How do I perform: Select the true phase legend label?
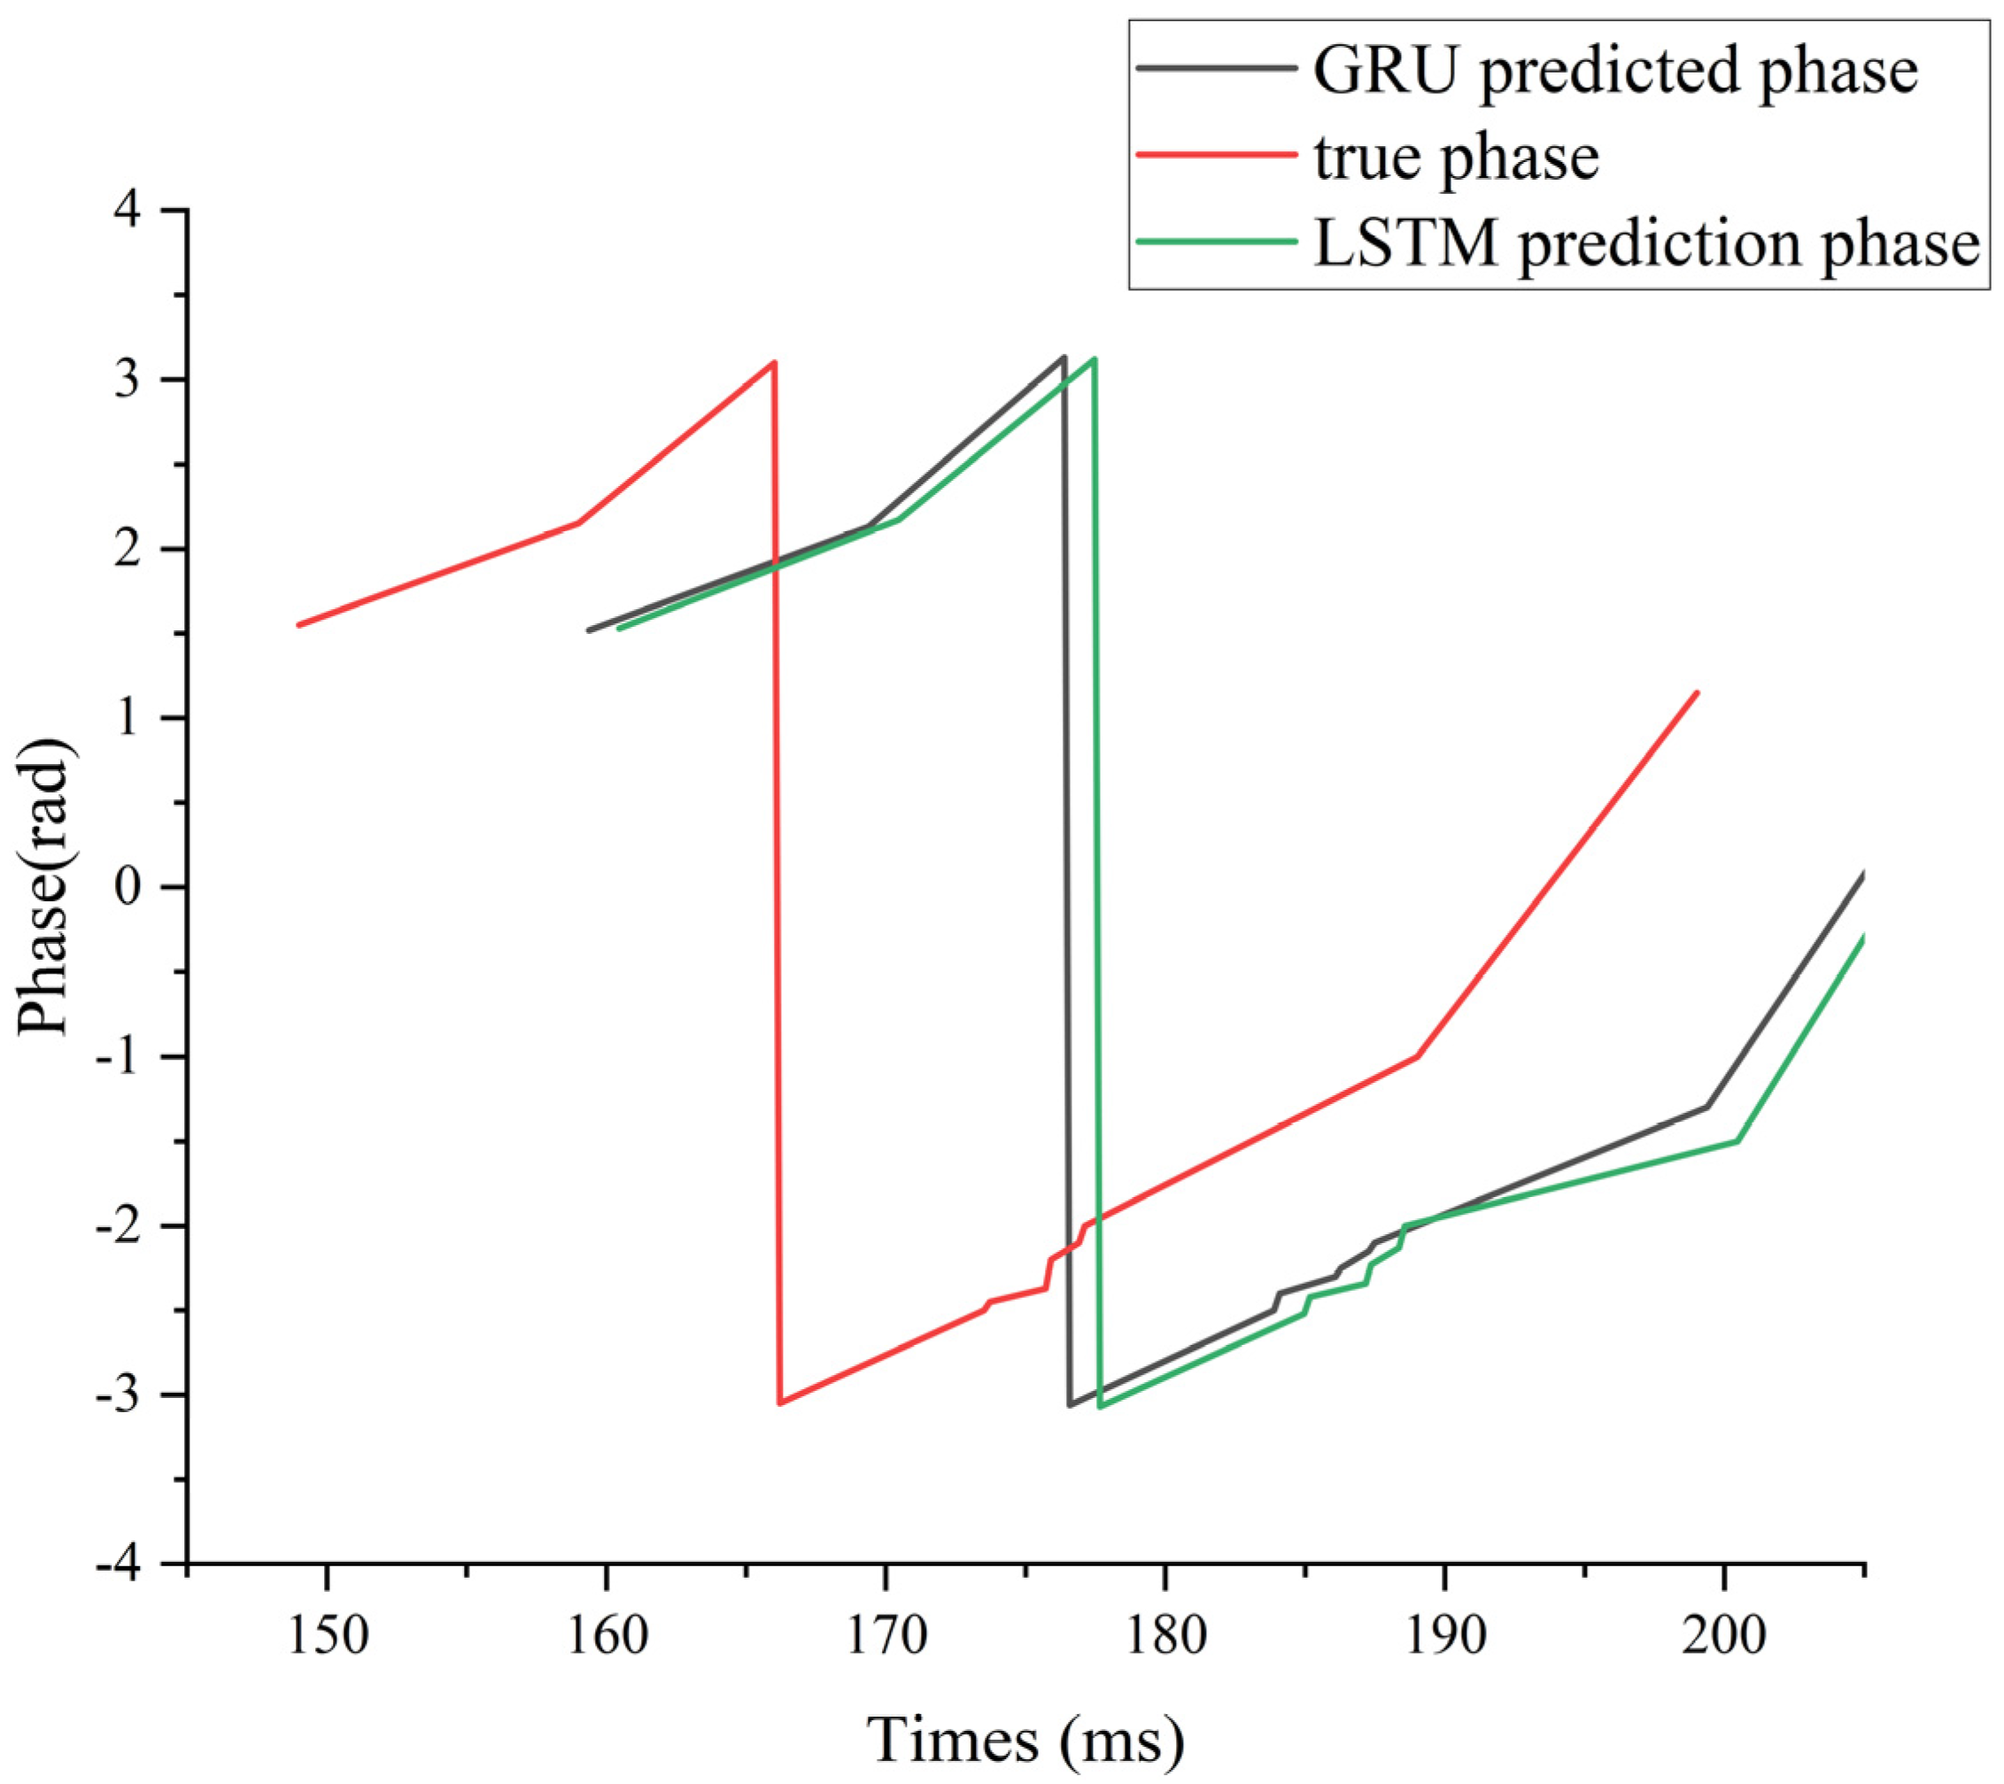[1456, 156]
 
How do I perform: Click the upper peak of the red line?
[775, 363]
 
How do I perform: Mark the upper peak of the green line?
[1095, 359]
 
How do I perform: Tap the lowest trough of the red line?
[780, 1402]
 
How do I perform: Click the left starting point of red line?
[299, 624]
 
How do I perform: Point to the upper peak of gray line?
[1064, 357]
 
